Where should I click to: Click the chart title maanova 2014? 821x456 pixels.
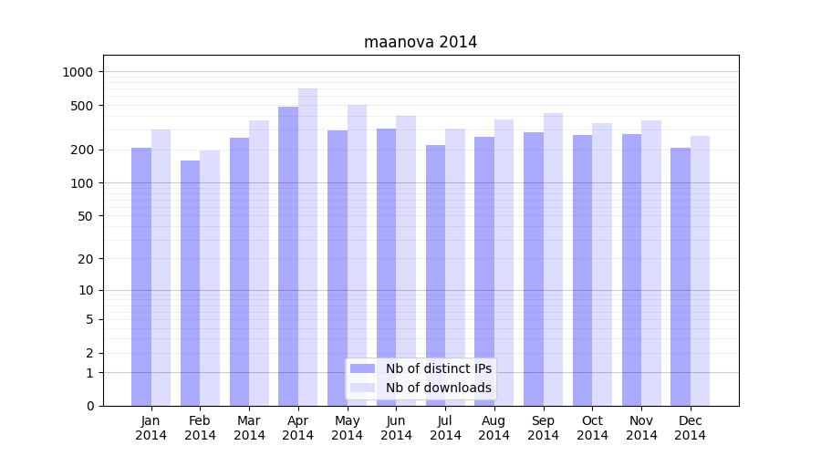421,42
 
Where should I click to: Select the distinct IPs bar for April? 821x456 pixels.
288,255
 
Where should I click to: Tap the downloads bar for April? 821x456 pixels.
307,246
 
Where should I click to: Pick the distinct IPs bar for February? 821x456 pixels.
190,283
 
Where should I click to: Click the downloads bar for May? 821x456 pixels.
357,255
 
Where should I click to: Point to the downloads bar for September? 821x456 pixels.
553,259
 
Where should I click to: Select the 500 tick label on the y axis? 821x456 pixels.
85,106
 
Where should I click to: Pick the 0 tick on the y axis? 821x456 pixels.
91,406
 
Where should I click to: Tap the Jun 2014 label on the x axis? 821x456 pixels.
396,428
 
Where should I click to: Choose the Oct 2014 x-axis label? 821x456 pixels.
592,428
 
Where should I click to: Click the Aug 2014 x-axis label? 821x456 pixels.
494,428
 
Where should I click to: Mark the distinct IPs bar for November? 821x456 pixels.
631,270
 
